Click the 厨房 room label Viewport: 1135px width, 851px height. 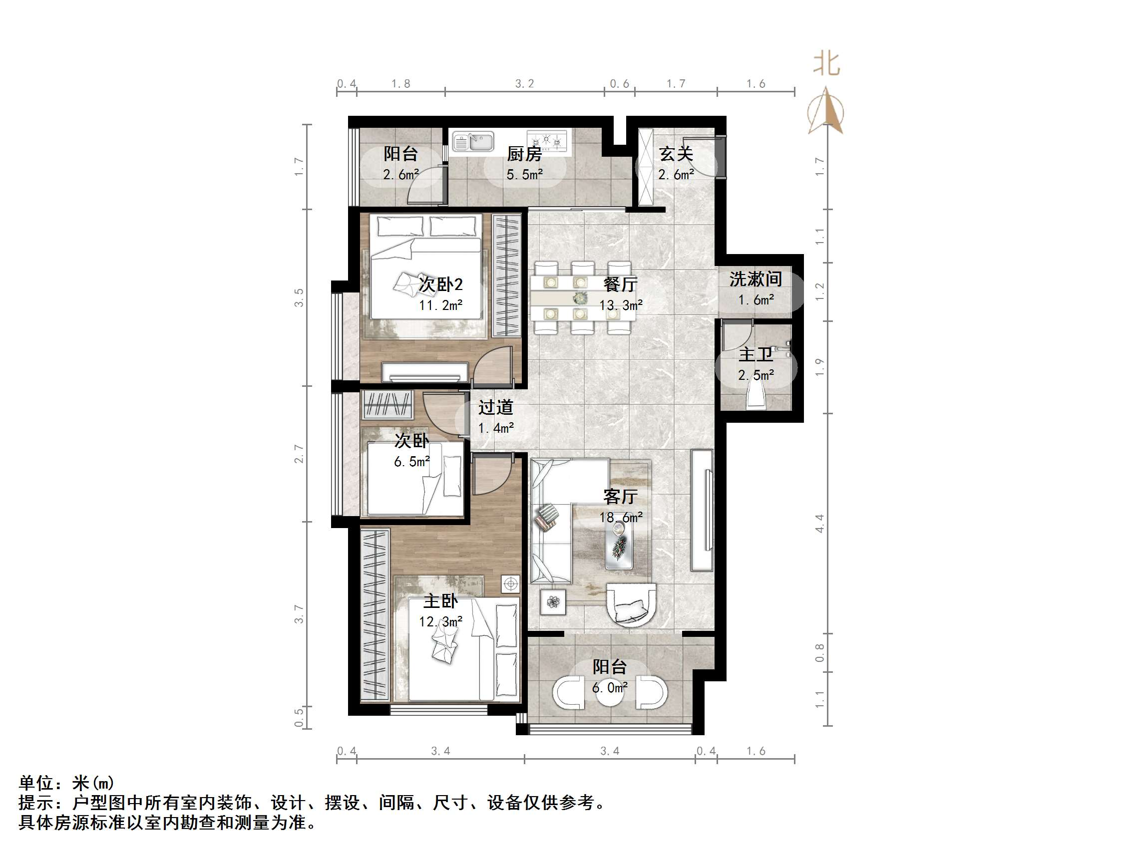coord(524,154)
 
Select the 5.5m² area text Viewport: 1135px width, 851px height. coord(524,175)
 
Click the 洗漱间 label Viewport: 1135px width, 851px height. coord(756,280)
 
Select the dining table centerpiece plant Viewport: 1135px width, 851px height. coord(580,297)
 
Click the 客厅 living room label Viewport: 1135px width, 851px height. coord(620,497)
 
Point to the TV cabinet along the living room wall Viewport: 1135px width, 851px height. coord(702,511)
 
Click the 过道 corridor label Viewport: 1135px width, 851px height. coord(496,407)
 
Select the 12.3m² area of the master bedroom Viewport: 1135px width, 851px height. coord(440,622)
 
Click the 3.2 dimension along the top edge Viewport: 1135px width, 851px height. coord(524,84)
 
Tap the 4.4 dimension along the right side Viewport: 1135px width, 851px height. coord(819,523)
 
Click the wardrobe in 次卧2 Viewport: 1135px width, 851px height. coord(506,276)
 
